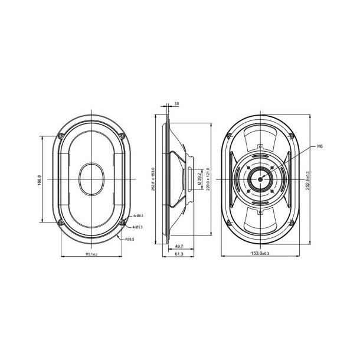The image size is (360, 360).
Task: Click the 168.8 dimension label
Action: point(38,179)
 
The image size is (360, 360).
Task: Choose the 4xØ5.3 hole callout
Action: point(139,227)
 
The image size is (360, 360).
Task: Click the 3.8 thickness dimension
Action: point(176,103)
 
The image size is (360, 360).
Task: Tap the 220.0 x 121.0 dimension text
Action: point(208,179)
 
